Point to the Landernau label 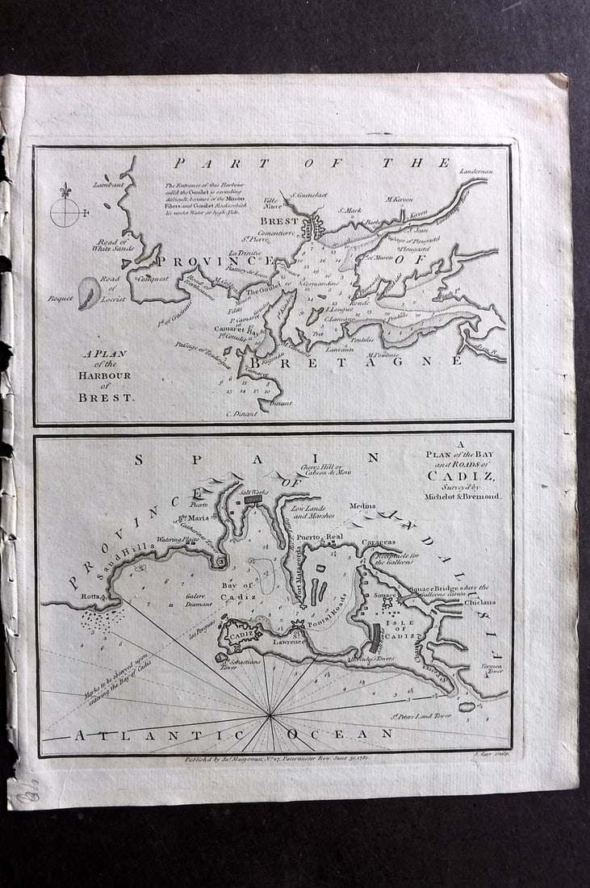(475, 171)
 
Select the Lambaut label (107, 183)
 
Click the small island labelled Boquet (89, 292)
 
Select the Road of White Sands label (113, 245)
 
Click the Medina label (363, 507)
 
